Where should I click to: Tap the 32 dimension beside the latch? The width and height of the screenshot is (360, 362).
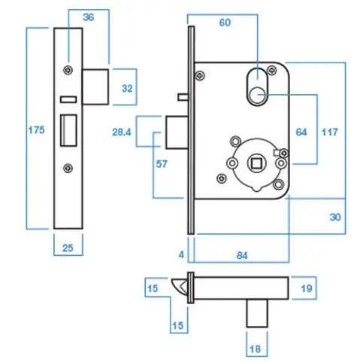pos(127,89)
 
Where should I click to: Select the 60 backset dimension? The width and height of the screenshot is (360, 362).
pos(225,23)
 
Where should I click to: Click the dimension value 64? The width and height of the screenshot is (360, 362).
pos(301,132)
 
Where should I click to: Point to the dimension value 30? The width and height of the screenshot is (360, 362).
pos(335,218)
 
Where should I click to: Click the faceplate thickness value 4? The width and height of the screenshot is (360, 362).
pos(180,255)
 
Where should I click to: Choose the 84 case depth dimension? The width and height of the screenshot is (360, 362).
pos(242,255)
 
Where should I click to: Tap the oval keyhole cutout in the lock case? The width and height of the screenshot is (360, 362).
pos(257,84)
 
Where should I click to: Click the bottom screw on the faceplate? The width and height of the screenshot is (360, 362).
pos(68,167)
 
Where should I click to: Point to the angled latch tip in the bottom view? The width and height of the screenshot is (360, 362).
pos(180,285)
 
